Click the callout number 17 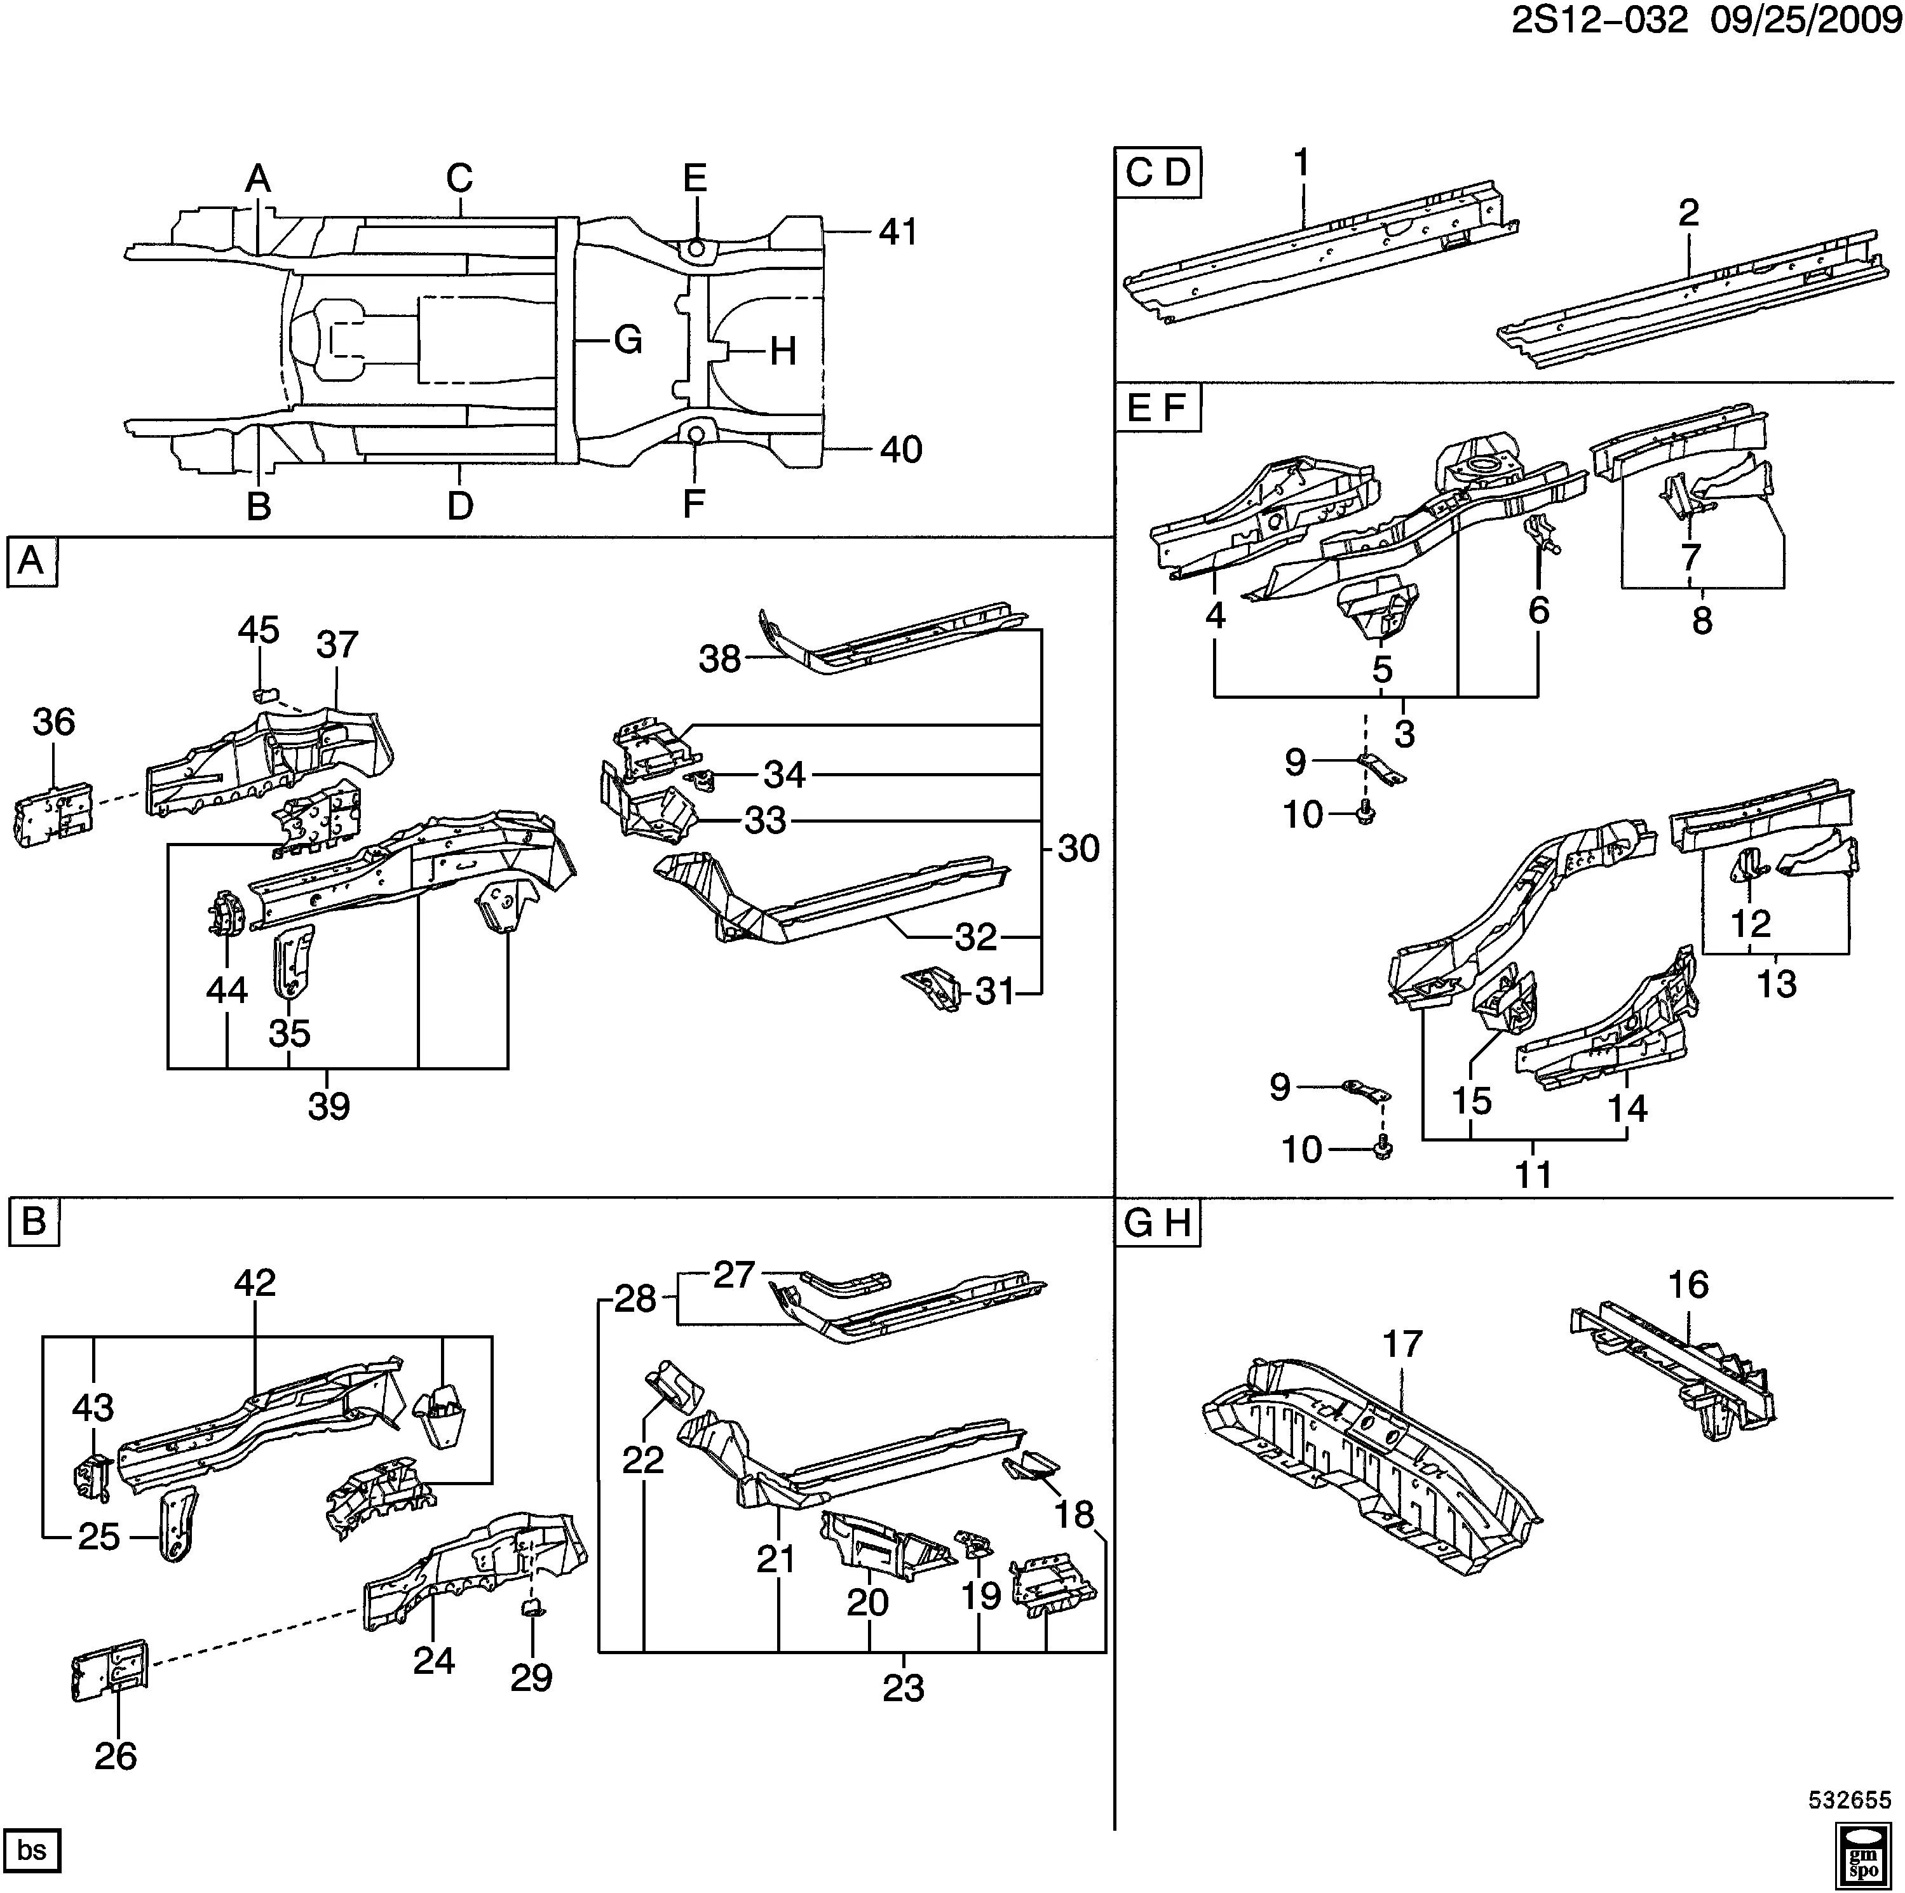1402,1344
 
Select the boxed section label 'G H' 1158,1223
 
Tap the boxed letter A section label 32,561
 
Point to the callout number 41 898,232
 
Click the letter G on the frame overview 628,340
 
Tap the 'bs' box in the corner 32,1850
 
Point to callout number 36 53,722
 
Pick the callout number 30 1078,849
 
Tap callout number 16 1688,1284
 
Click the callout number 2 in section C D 1689,213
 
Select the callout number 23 903,1689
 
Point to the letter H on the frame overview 783,351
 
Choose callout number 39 329,1106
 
